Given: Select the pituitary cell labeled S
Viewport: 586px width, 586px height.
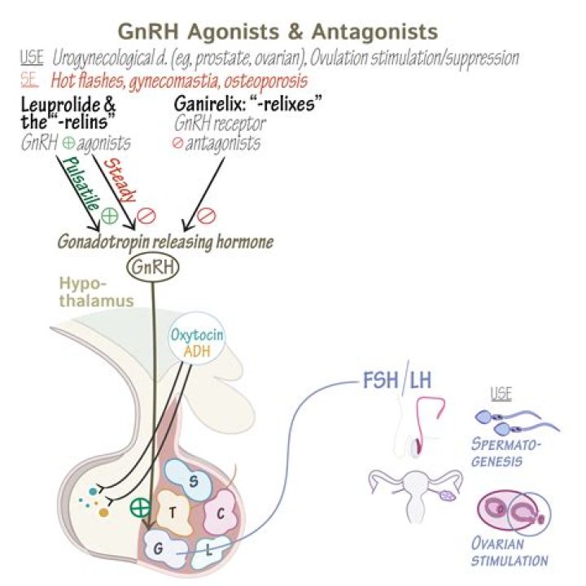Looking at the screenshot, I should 193,480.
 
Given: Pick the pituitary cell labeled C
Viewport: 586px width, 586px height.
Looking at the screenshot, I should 220,512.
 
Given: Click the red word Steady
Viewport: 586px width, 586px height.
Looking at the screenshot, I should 125,186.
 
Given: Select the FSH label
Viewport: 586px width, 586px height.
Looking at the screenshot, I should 378,381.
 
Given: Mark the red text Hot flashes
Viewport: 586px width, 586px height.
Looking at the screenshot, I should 85,81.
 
